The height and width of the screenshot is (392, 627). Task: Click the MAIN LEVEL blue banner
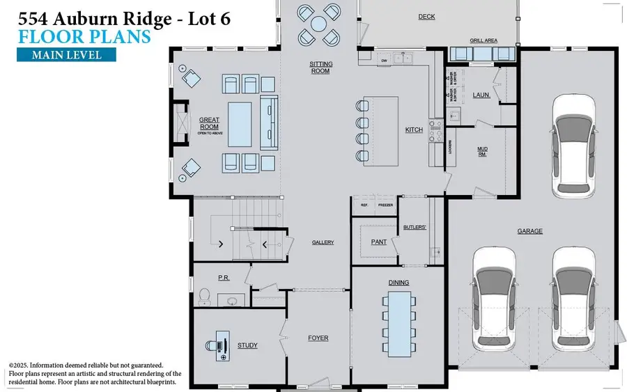coord(59,55)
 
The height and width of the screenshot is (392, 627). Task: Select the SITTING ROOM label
coord(320,67)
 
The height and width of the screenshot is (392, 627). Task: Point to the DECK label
coord(426,17)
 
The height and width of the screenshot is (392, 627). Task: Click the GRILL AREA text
coord(483,41)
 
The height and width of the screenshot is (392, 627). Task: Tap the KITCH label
coord(414,130)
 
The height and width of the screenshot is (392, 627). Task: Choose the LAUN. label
coord(481,95)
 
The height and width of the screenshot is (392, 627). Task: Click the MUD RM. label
coord(481,151)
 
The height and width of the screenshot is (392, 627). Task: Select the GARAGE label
coord(529,231)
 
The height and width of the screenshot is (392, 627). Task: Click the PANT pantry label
coord(379,242)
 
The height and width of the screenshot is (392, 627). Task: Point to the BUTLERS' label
coord(415,227)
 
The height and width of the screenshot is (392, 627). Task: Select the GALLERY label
coord(323,242)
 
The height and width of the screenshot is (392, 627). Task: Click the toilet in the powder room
coord(204,297)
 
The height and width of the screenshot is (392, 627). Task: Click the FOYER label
coord(318,338)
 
